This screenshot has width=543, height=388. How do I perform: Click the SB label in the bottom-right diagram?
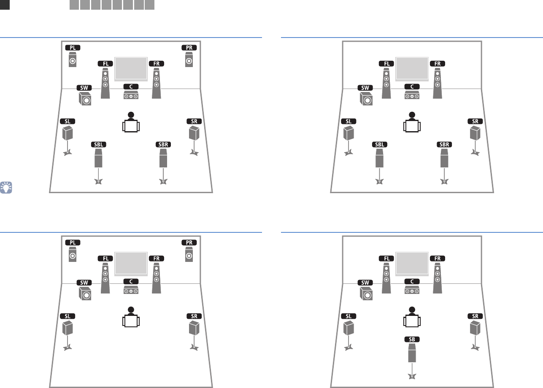click(x=412, y=339)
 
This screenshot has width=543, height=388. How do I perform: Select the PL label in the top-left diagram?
click(x=73, y=48)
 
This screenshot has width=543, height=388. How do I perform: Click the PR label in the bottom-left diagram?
click(x=189, y=242)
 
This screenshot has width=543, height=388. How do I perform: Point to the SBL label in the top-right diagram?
click(x=380, y=144)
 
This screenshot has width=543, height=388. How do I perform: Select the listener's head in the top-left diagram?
click(x=131, y=115)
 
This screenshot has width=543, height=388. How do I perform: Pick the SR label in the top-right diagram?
click(x=475, y=121)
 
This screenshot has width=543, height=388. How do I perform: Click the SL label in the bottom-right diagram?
click(x=348, y=316)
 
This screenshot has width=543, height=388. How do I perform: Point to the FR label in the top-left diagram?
click(x=157, y=63)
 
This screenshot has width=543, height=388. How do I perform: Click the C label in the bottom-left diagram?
click(x=131, y=281)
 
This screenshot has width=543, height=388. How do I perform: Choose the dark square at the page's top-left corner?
click(x=5, y=5)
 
